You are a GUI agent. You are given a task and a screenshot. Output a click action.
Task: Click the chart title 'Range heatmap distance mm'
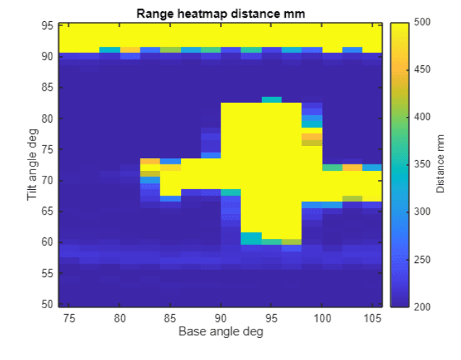221,13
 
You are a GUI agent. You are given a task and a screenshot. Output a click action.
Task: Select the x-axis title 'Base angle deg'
221,332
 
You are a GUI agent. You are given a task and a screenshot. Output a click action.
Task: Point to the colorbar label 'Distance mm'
440,164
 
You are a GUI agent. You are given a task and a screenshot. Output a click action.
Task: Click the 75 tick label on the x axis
69,317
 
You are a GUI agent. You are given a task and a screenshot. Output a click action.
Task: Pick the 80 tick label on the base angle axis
120,317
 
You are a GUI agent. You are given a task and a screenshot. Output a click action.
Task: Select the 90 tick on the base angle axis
221,317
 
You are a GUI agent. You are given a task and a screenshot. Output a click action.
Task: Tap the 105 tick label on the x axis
372,317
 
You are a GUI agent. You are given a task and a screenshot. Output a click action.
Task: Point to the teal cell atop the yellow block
272,100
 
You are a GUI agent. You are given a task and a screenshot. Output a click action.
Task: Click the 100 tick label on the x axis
322,317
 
